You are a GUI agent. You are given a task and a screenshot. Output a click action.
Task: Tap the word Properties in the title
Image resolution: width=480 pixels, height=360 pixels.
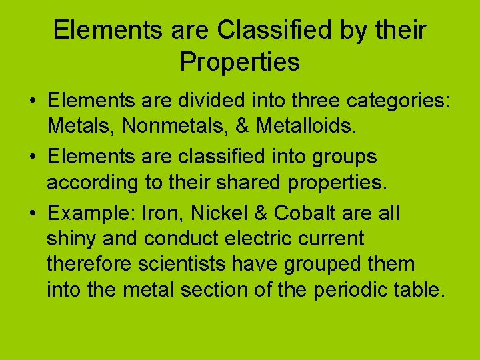pyautogui.click(x=240, y=62)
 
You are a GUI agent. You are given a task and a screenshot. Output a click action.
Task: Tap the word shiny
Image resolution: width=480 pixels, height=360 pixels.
pyautogui.click(x=69, y=238)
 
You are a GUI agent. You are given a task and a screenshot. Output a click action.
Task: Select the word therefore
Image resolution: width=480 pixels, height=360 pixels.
pyautogui.click(x=90, y=263)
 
